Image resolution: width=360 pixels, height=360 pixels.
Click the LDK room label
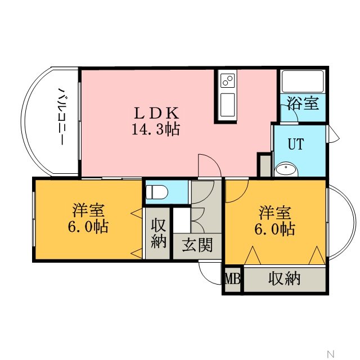point(156,113)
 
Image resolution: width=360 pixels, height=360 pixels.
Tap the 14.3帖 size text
point(156,129)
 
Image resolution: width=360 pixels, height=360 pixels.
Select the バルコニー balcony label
point(61,116)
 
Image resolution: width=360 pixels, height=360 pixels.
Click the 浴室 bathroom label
point(303,103)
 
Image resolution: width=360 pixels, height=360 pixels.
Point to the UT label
point(296,144)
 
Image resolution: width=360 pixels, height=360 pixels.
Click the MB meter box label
point(232,279)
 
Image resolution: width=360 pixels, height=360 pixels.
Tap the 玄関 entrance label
point(197,245)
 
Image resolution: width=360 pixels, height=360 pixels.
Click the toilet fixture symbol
point(157,192)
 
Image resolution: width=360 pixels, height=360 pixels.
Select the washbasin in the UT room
point(286,169)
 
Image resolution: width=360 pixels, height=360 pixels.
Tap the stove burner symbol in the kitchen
point(228,80)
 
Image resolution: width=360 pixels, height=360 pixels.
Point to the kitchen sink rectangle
point(227,105)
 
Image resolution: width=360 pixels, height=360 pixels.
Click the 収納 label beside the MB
point(285,279)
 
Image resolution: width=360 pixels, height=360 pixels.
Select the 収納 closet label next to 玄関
point(159,233)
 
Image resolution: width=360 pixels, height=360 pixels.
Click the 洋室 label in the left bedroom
point(88,210)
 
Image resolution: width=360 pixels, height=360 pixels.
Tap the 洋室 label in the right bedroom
point(275,213)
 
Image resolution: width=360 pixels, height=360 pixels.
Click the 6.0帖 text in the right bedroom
point(275,229)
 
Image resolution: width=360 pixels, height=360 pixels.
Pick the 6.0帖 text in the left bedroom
point(88,227)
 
